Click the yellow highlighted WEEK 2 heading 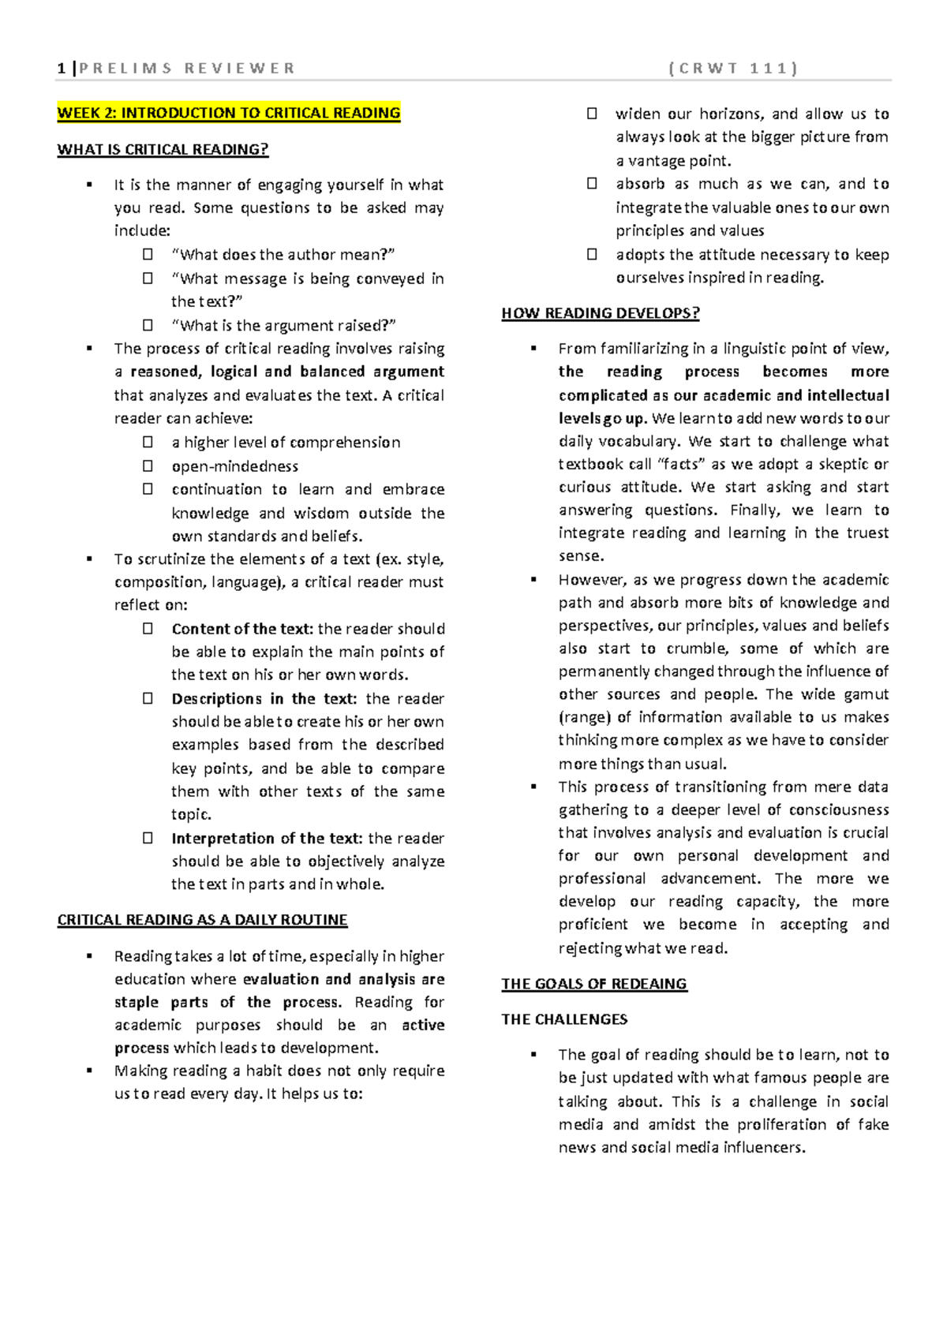tap(229, 113)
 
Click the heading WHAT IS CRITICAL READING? tap(163, 149)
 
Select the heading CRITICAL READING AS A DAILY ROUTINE tap(202, 920)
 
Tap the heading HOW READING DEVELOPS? tap(601, 313)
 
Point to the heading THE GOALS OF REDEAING tap(594, 984)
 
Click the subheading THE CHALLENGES tap(564, 1019)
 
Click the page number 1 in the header tap(62, 69)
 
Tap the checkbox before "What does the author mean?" tap(148, 254)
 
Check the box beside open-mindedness tap(148, 466)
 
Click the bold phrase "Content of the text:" tap(242, 629)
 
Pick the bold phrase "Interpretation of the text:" tap(267, 838)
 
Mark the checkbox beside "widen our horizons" tap(592, 114)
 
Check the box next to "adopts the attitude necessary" tap(592, 254)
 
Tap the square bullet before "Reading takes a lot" tap(90, 956)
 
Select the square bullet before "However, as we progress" tap(534, 580)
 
